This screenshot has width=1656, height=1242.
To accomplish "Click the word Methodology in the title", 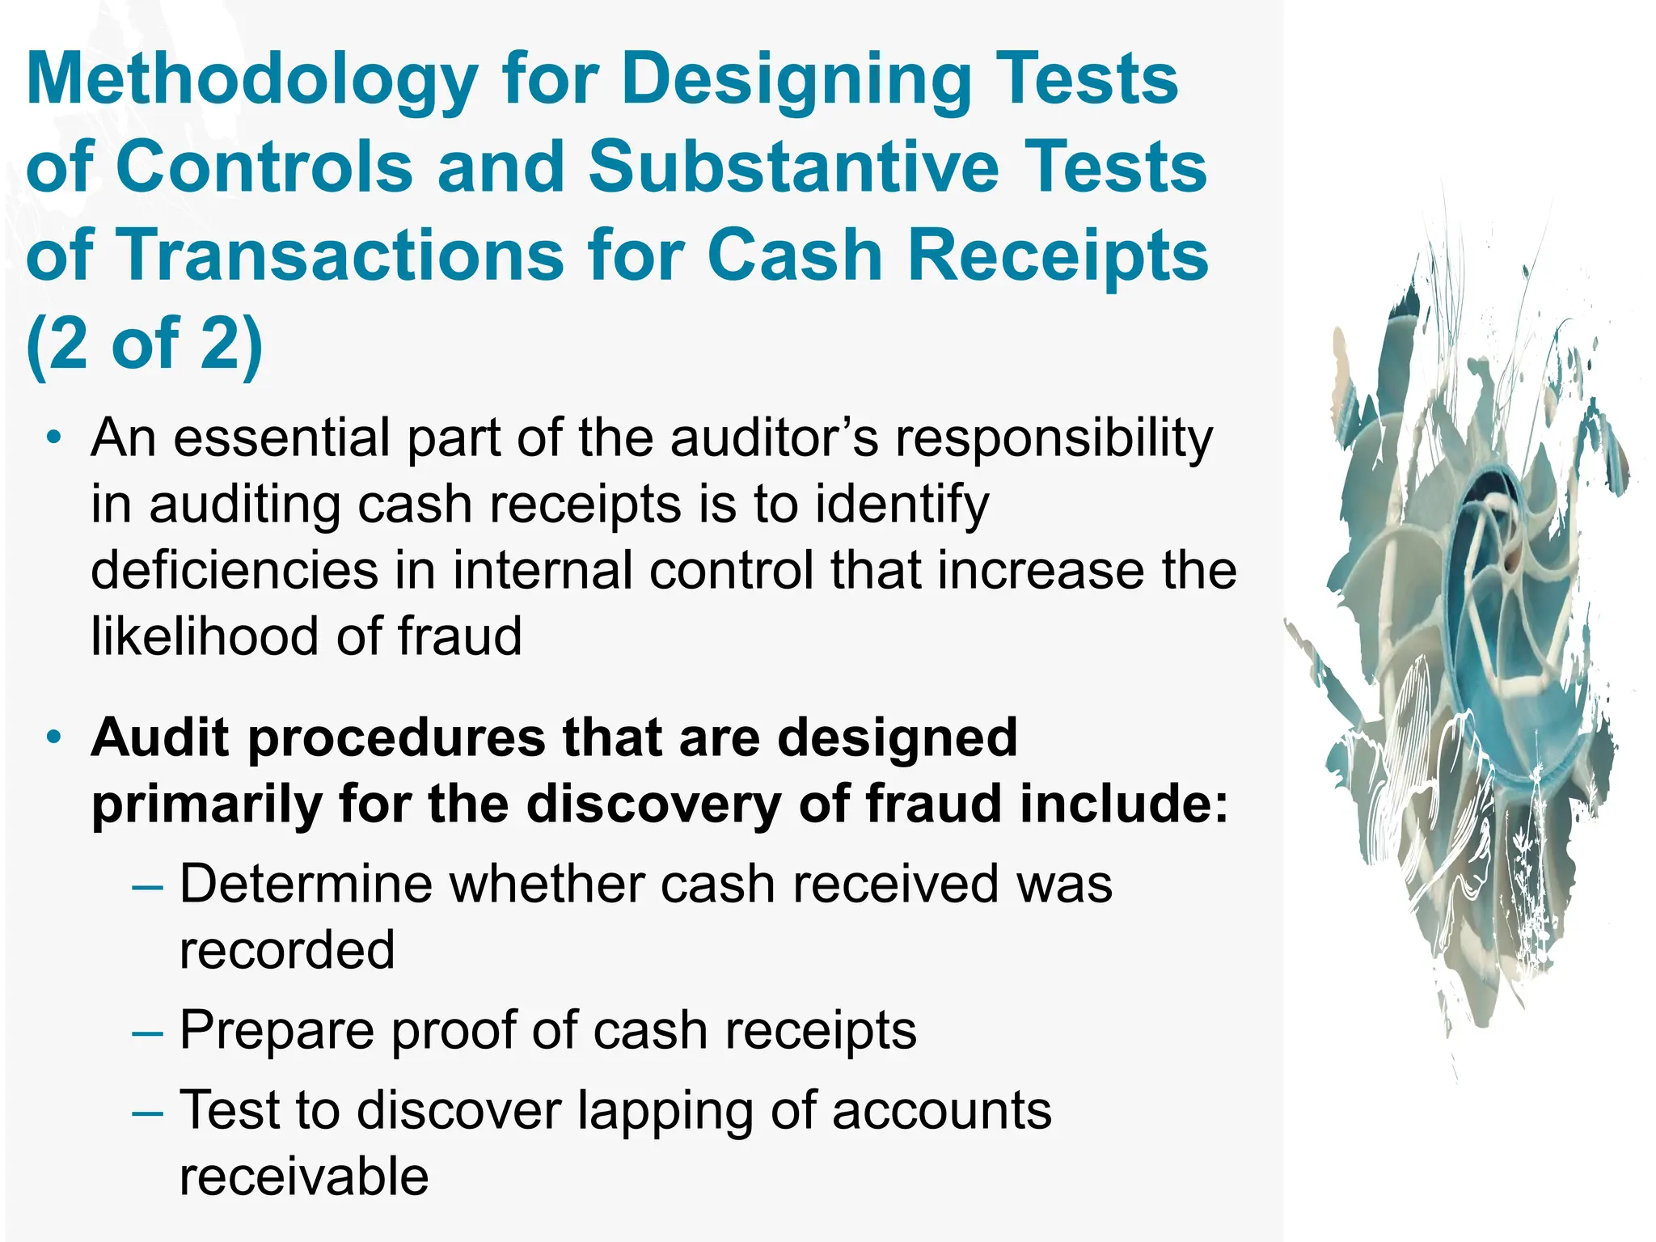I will (x=252, y=81).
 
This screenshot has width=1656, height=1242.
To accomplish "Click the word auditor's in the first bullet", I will (x=774, y=439).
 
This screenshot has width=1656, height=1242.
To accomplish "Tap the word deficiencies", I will (x=234, y=570).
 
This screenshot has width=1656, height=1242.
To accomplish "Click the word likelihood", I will (x=206, y=636).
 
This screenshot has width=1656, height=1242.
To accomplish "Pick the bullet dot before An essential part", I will (x=53, y=439).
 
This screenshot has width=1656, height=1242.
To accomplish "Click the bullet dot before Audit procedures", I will (x=53, y=737).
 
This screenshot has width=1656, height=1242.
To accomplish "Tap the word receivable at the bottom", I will (x=304, y=1177).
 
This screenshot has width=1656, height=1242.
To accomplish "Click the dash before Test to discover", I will (x=147, y=1113).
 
